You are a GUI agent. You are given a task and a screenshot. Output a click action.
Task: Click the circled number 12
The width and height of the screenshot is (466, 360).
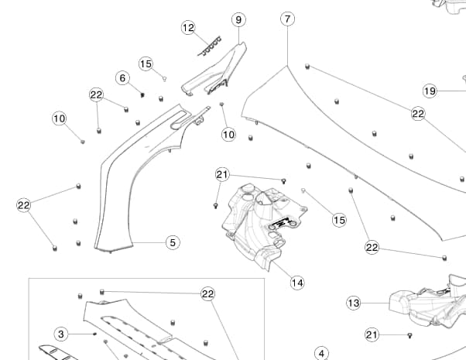tap(188, 28)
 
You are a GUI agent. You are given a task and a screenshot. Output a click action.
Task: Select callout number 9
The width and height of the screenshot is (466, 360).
tap(238, 19)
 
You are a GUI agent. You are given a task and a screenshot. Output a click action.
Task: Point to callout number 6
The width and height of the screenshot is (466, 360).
tap(122, 77)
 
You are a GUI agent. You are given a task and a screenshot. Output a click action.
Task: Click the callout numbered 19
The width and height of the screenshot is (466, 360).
tap(430, 91)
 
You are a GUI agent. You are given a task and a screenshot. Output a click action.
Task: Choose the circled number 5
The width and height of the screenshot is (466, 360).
tap(173, 242)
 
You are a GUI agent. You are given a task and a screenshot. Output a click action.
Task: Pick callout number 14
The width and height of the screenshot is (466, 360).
tap(297, 283)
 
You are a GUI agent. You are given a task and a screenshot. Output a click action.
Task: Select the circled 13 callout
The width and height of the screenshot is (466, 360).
tap(354, 303)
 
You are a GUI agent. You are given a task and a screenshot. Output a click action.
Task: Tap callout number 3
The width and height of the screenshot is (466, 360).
tap(63, 334)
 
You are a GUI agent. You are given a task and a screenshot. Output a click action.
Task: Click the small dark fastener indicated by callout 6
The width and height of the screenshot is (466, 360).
tap(142, 94)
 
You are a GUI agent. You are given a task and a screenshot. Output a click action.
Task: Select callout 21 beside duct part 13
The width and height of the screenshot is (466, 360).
tap(372, 334)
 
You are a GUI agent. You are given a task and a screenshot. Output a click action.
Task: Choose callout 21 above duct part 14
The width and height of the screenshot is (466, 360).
tap(222, 174)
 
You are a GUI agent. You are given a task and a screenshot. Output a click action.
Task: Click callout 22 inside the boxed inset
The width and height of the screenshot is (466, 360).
tap(207, 293)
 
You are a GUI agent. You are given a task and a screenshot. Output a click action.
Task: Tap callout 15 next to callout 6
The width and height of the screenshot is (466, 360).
tap(146, 63)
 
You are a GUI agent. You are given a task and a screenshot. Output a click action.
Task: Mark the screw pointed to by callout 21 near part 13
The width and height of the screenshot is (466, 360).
tap(409, 335)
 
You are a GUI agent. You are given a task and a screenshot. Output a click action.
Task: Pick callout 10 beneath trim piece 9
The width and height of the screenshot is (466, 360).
tap(228, 134)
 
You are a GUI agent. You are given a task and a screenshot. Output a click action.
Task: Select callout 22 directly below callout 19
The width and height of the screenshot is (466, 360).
tap(418, 114)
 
